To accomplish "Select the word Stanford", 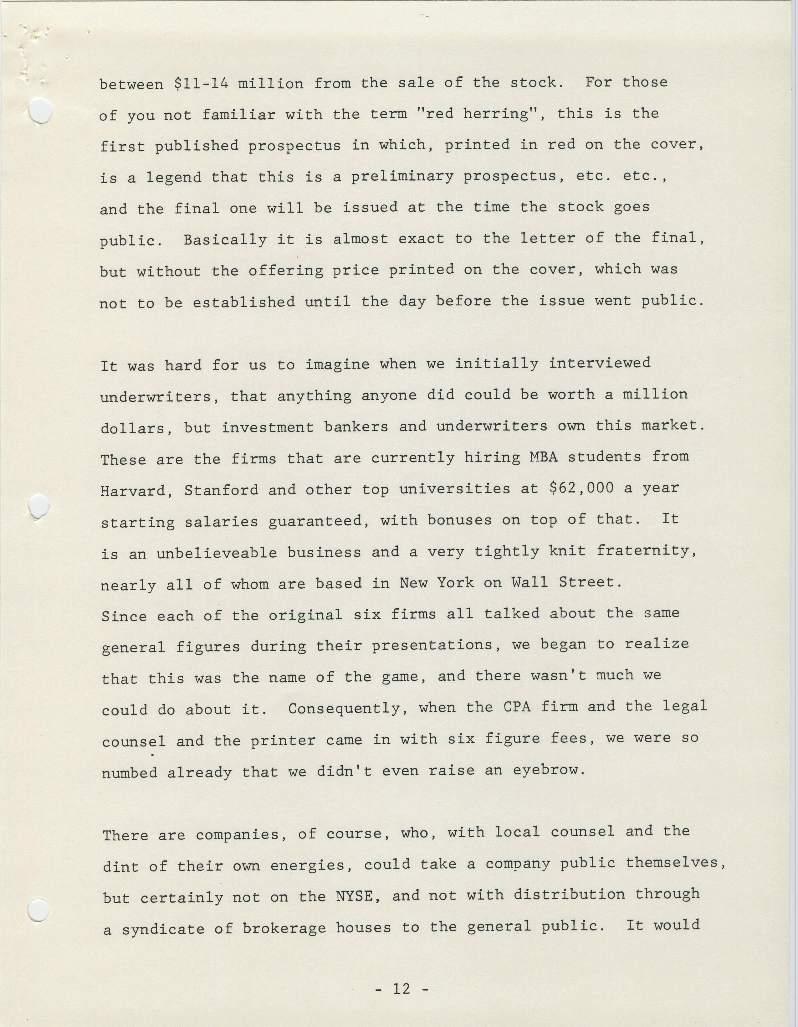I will (221, 490).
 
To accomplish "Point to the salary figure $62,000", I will (581, 488).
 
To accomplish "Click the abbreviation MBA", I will (543, 457).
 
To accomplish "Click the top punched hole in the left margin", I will (40, 111).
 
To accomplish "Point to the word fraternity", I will (646, 551).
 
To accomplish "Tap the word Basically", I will (225, 240).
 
